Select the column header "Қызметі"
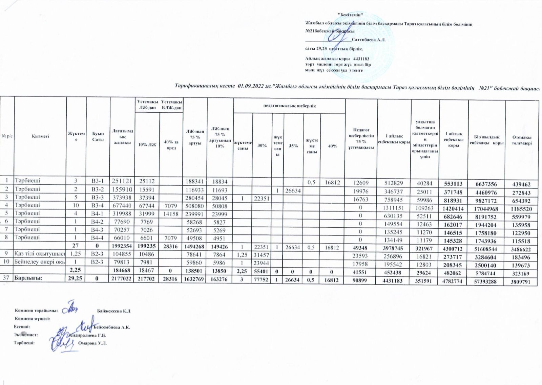pos(41,136)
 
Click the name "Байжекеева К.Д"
pos(113,311)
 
